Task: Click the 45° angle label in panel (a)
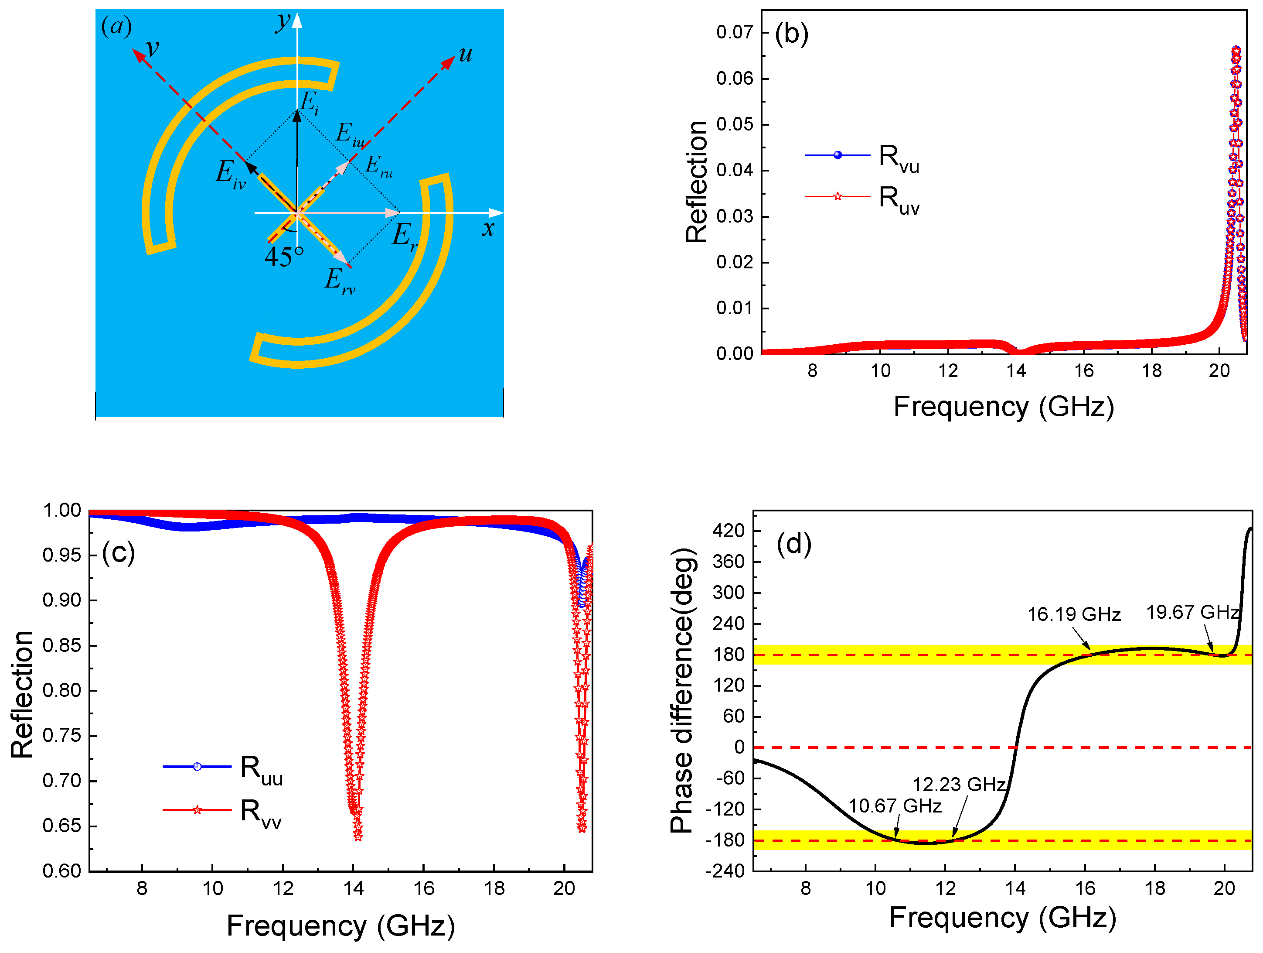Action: point(284,257)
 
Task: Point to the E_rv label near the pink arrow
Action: point(339,281)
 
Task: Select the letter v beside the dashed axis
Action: point(152,48)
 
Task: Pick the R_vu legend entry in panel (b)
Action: point(898,157)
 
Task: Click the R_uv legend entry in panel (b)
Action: point(898,199)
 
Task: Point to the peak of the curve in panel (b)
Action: point(1236,50)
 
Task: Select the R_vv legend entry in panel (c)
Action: point(260,812)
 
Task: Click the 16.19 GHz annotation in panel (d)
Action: point(1073,614)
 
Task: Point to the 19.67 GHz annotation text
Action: point(1192,612)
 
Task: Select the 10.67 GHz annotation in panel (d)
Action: point(895,806)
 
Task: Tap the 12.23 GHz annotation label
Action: point(959,785)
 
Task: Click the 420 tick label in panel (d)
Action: point(728,531)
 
